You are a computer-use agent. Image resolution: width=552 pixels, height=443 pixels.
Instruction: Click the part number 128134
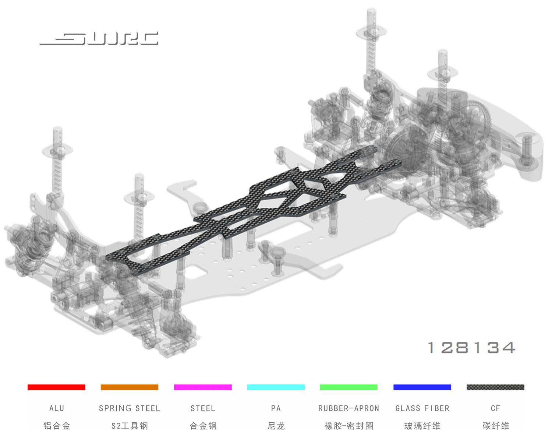471,348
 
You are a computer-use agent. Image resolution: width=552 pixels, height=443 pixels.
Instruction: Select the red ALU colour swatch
56,387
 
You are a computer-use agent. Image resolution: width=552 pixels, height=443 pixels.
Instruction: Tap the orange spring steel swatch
130,387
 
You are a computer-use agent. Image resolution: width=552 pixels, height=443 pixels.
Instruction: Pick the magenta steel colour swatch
203,387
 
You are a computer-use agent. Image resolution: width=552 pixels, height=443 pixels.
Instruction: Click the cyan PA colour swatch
276,387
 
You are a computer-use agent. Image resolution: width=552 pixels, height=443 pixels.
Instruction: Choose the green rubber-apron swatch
348,387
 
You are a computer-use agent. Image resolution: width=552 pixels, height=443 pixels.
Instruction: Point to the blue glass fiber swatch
422,387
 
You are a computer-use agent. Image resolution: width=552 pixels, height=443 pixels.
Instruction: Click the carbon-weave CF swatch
495,387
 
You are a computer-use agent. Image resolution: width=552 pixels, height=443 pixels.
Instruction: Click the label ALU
57,408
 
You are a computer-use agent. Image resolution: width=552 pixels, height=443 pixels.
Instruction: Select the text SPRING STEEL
130,408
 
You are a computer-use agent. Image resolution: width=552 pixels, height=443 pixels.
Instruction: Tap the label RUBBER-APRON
348,408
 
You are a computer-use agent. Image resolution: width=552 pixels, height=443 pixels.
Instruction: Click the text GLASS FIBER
422,408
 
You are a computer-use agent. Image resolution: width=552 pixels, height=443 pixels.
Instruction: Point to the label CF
495,408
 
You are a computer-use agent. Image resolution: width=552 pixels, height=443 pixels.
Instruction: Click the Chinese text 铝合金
57,426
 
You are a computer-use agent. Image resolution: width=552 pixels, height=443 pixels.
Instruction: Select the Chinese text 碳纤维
496,426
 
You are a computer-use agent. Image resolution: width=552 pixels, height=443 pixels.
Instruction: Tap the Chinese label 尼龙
276,426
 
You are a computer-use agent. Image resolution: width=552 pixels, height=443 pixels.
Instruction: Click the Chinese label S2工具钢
130,426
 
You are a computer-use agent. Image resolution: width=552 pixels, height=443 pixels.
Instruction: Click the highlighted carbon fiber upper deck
258,206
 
